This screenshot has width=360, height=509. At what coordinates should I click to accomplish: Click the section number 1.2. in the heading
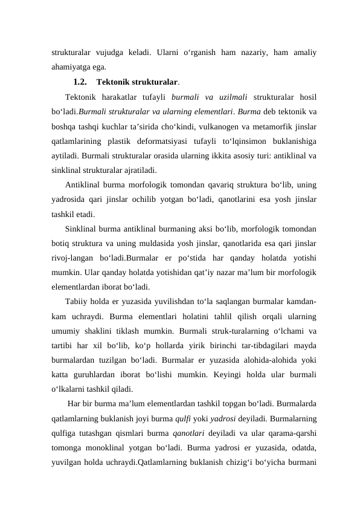[x=80, y=82]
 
